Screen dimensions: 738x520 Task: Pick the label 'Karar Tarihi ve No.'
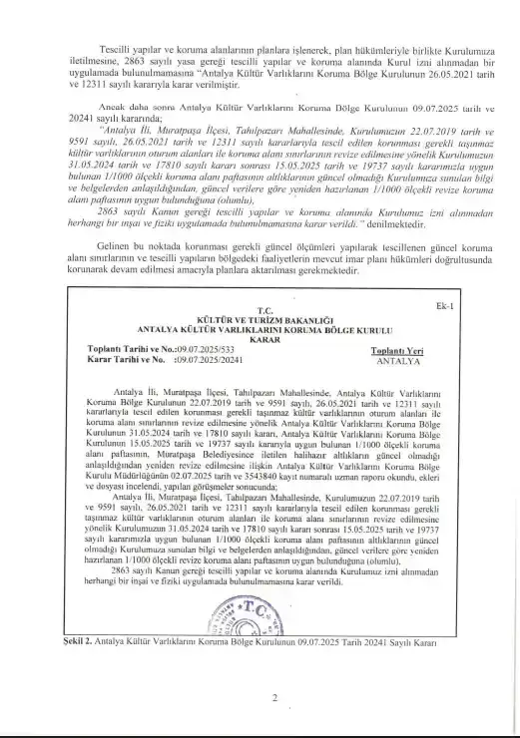tap(99, 361)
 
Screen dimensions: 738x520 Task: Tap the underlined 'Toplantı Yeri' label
tap(397, 352)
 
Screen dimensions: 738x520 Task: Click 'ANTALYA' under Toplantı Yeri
tap(397, 362)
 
